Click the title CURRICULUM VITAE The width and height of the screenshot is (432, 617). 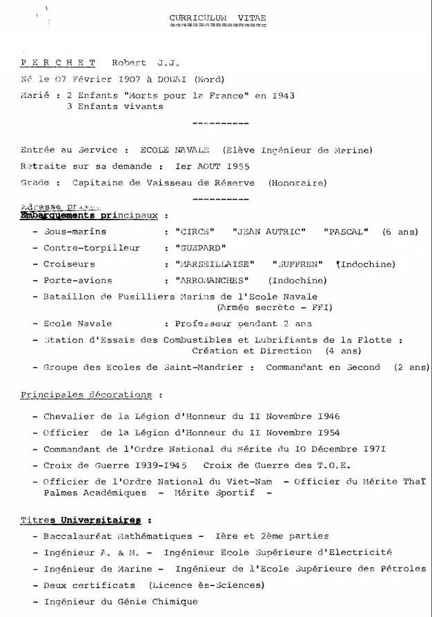[x=217, y=17]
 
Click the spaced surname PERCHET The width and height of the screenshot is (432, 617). [x=58, y=63]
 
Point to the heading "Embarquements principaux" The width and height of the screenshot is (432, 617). [x=90, y=215]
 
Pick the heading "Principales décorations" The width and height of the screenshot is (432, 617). [x=86, y=395]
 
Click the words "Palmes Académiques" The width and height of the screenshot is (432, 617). [x=95, y=493]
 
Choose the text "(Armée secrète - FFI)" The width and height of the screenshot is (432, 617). [x=275, y=307]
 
